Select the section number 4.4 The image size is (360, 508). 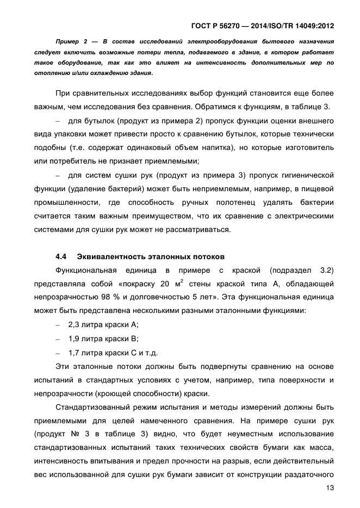point(61,256)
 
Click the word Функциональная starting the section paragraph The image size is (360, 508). point(89,270)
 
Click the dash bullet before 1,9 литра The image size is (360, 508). point(58,338)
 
